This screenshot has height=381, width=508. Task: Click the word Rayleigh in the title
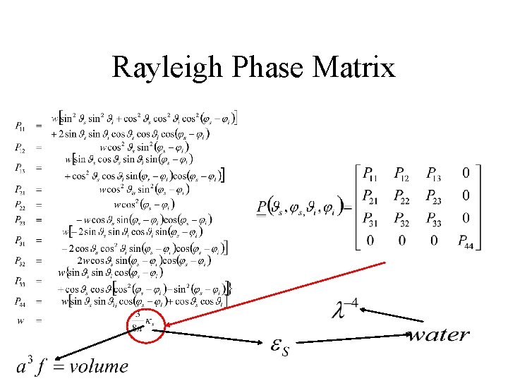[164, 68]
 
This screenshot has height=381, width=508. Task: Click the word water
[438, 335]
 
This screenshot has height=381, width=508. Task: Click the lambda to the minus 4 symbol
[344, 308]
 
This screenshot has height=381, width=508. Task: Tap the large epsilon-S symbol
[280, 346]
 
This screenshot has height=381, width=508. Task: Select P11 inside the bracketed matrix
[371, 173]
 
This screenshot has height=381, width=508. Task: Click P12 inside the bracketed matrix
[402, 173]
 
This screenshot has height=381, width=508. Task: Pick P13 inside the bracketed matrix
[435, 173]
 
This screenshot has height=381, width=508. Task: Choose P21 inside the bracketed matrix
[371, 195]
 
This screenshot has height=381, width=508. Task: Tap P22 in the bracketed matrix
[402, 195]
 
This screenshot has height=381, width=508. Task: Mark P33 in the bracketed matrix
[435, 217]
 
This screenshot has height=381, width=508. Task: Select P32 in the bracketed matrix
[402, 217]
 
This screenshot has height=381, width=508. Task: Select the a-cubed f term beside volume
[32, 365]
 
